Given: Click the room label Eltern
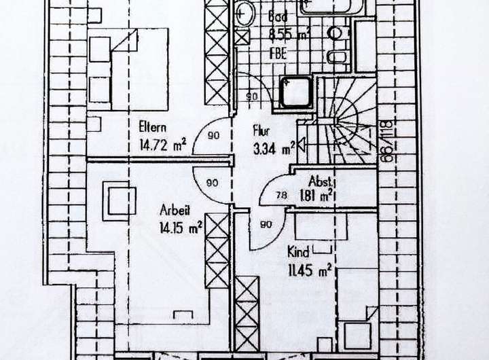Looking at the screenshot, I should point(153,126).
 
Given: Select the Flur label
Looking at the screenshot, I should point(261,128).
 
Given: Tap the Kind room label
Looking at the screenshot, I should point(299,251).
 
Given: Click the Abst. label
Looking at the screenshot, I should point(320,181).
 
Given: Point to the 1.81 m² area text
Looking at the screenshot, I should point(315,196).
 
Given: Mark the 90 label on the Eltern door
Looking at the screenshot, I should point(213,136).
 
